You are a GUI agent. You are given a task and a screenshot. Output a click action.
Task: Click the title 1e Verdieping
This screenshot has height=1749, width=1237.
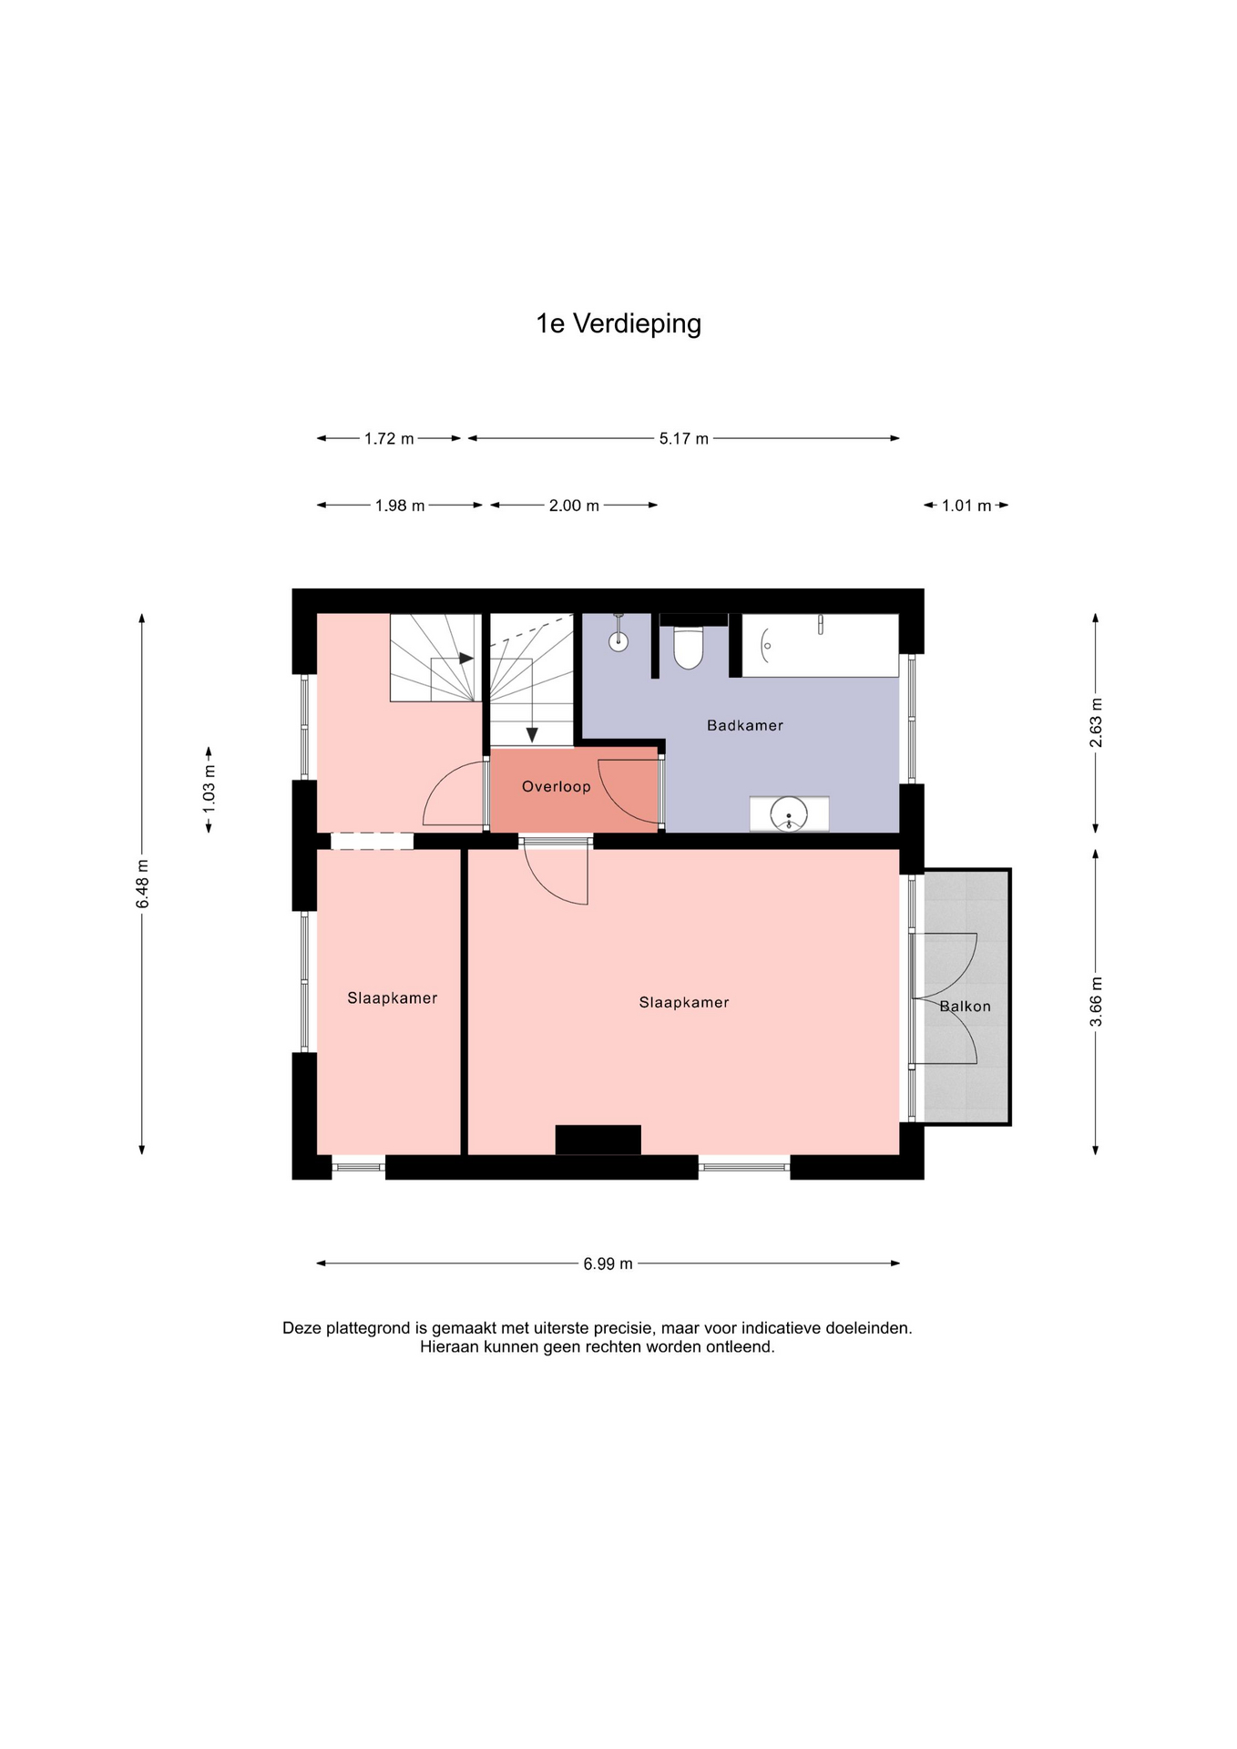(x=618, y=324)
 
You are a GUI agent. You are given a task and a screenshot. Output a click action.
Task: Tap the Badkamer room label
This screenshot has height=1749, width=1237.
(x=745, y=725)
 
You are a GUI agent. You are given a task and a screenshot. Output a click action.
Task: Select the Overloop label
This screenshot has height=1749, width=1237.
(x=556, y=786)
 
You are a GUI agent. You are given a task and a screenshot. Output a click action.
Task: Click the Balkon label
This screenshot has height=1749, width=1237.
(x=965, y=1006)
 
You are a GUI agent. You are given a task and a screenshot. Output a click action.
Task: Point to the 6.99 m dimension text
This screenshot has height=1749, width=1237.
(x=608, y=1263)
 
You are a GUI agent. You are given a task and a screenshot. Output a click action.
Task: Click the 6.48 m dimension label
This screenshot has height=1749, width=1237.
(x=142, y=884)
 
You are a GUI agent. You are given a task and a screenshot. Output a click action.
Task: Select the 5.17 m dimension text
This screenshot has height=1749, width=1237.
(x=683, y=438)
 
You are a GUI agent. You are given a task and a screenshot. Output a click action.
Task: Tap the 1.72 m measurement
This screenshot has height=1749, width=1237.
(x=389, y=438)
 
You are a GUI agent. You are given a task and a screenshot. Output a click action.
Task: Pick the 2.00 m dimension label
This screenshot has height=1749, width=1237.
(x=574, y=505)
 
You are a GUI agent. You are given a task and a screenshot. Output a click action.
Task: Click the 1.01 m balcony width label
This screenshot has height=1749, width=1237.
(x=966, y=505)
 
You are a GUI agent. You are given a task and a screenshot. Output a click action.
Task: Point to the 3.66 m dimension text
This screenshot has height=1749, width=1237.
(x=1096, y=1001)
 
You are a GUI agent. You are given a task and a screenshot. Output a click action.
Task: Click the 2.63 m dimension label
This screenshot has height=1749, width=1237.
(x=1096, y=722)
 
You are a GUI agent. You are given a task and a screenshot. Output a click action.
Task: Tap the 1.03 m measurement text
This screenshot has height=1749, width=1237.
(x=209, y=789)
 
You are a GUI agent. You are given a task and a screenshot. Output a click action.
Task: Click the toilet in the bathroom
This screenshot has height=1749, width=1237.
(x=689, y=647)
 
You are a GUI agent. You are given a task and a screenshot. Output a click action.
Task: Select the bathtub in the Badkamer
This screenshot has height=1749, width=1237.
(x=820, y=645)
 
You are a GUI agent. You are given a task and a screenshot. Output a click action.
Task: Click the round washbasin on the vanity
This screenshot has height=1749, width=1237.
(x=789, y=813)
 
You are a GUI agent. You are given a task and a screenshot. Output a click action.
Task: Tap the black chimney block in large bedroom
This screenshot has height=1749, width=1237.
(x=598, y=1140)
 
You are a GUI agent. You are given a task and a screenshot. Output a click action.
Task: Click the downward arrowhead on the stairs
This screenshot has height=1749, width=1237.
(x=531, y=734)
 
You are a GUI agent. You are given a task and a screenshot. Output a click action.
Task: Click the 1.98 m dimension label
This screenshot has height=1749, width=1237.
(x=400, y=505)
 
